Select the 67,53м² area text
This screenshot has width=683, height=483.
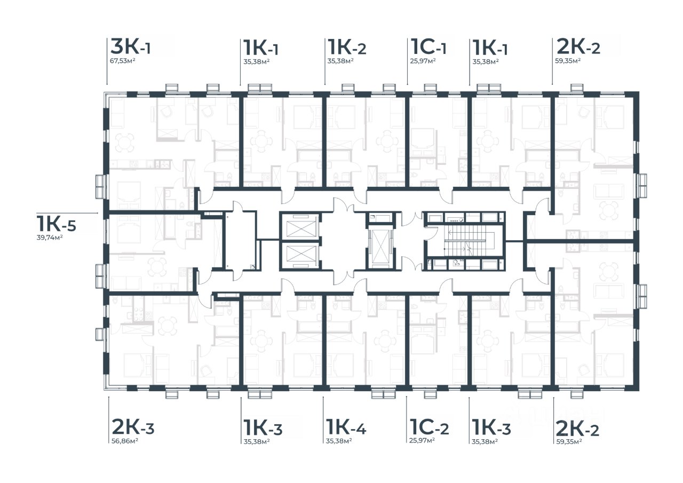click(123, 61)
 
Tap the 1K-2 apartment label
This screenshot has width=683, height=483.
click(347, 47)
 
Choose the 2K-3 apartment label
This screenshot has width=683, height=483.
click(133, 426)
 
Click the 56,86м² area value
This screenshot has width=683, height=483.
click(125, 441)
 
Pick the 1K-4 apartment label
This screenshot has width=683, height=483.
click(346, 426)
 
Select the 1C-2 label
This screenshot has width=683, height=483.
click(429, 427)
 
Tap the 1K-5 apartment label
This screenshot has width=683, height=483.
click(56, 224)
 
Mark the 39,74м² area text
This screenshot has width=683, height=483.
click(50, 237)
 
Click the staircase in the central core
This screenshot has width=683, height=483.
click(464, 241)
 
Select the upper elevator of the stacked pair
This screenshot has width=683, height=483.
click(299, 227)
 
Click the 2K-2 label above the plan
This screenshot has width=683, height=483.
click(578, 47)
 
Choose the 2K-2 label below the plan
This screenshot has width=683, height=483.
click(577, 428)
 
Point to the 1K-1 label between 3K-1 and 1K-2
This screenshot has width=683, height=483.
click(261, 47)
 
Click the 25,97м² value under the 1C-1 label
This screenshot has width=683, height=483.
click(423, 61)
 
